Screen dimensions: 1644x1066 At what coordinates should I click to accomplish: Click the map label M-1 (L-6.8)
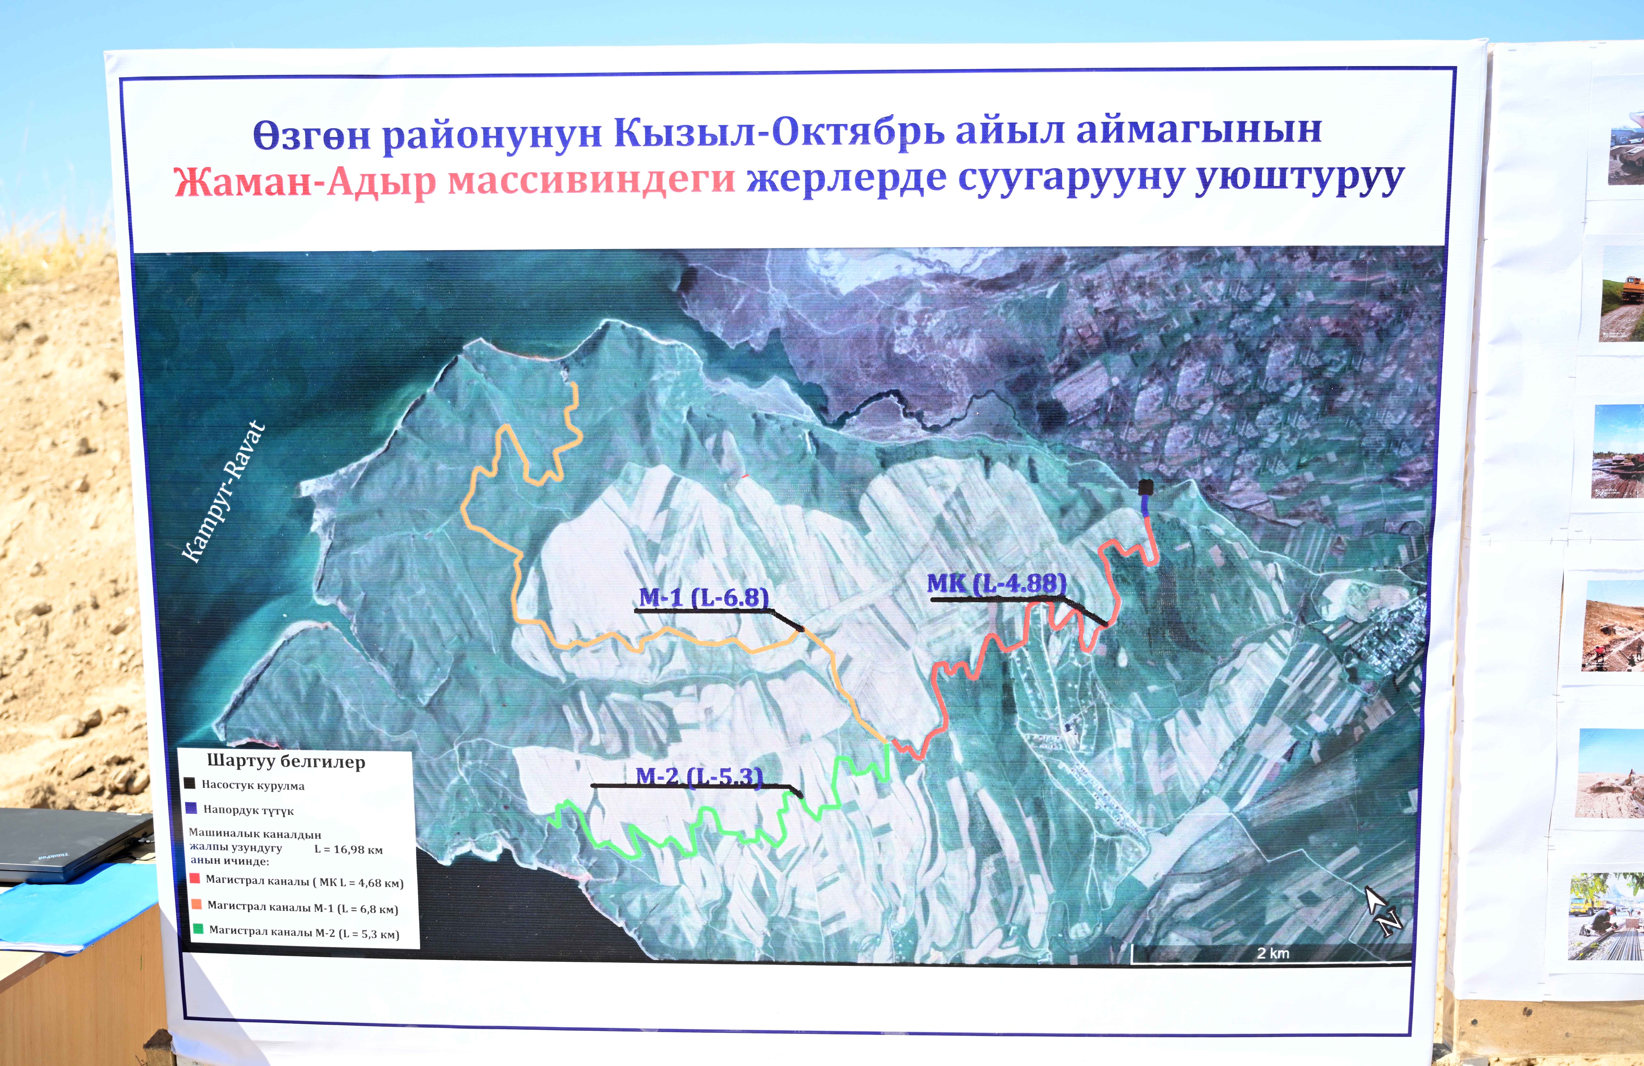coord(703,597)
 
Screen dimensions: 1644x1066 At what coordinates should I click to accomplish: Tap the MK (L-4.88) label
coord(996,584)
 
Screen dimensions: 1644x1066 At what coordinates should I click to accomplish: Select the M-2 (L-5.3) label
coord(699,777)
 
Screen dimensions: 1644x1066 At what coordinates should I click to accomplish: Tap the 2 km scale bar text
coord(1272,953)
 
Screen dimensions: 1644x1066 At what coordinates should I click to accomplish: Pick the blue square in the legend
coord(191,808)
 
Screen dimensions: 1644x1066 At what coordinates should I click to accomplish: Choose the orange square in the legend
coord(196,904)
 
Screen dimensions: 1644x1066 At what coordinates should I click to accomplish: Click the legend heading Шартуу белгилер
coord(286,761)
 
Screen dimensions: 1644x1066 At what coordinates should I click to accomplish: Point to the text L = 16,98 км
coord(348,849)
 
